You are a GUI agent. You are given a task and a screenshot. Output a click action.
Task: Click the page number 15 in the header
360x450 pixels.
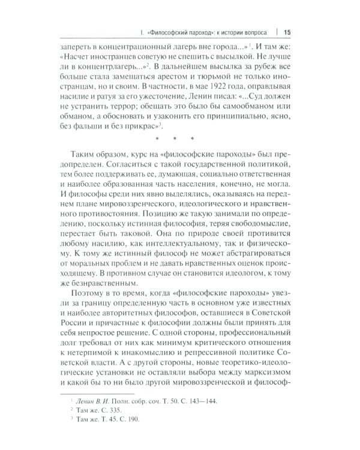click(x=286, y=32)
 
